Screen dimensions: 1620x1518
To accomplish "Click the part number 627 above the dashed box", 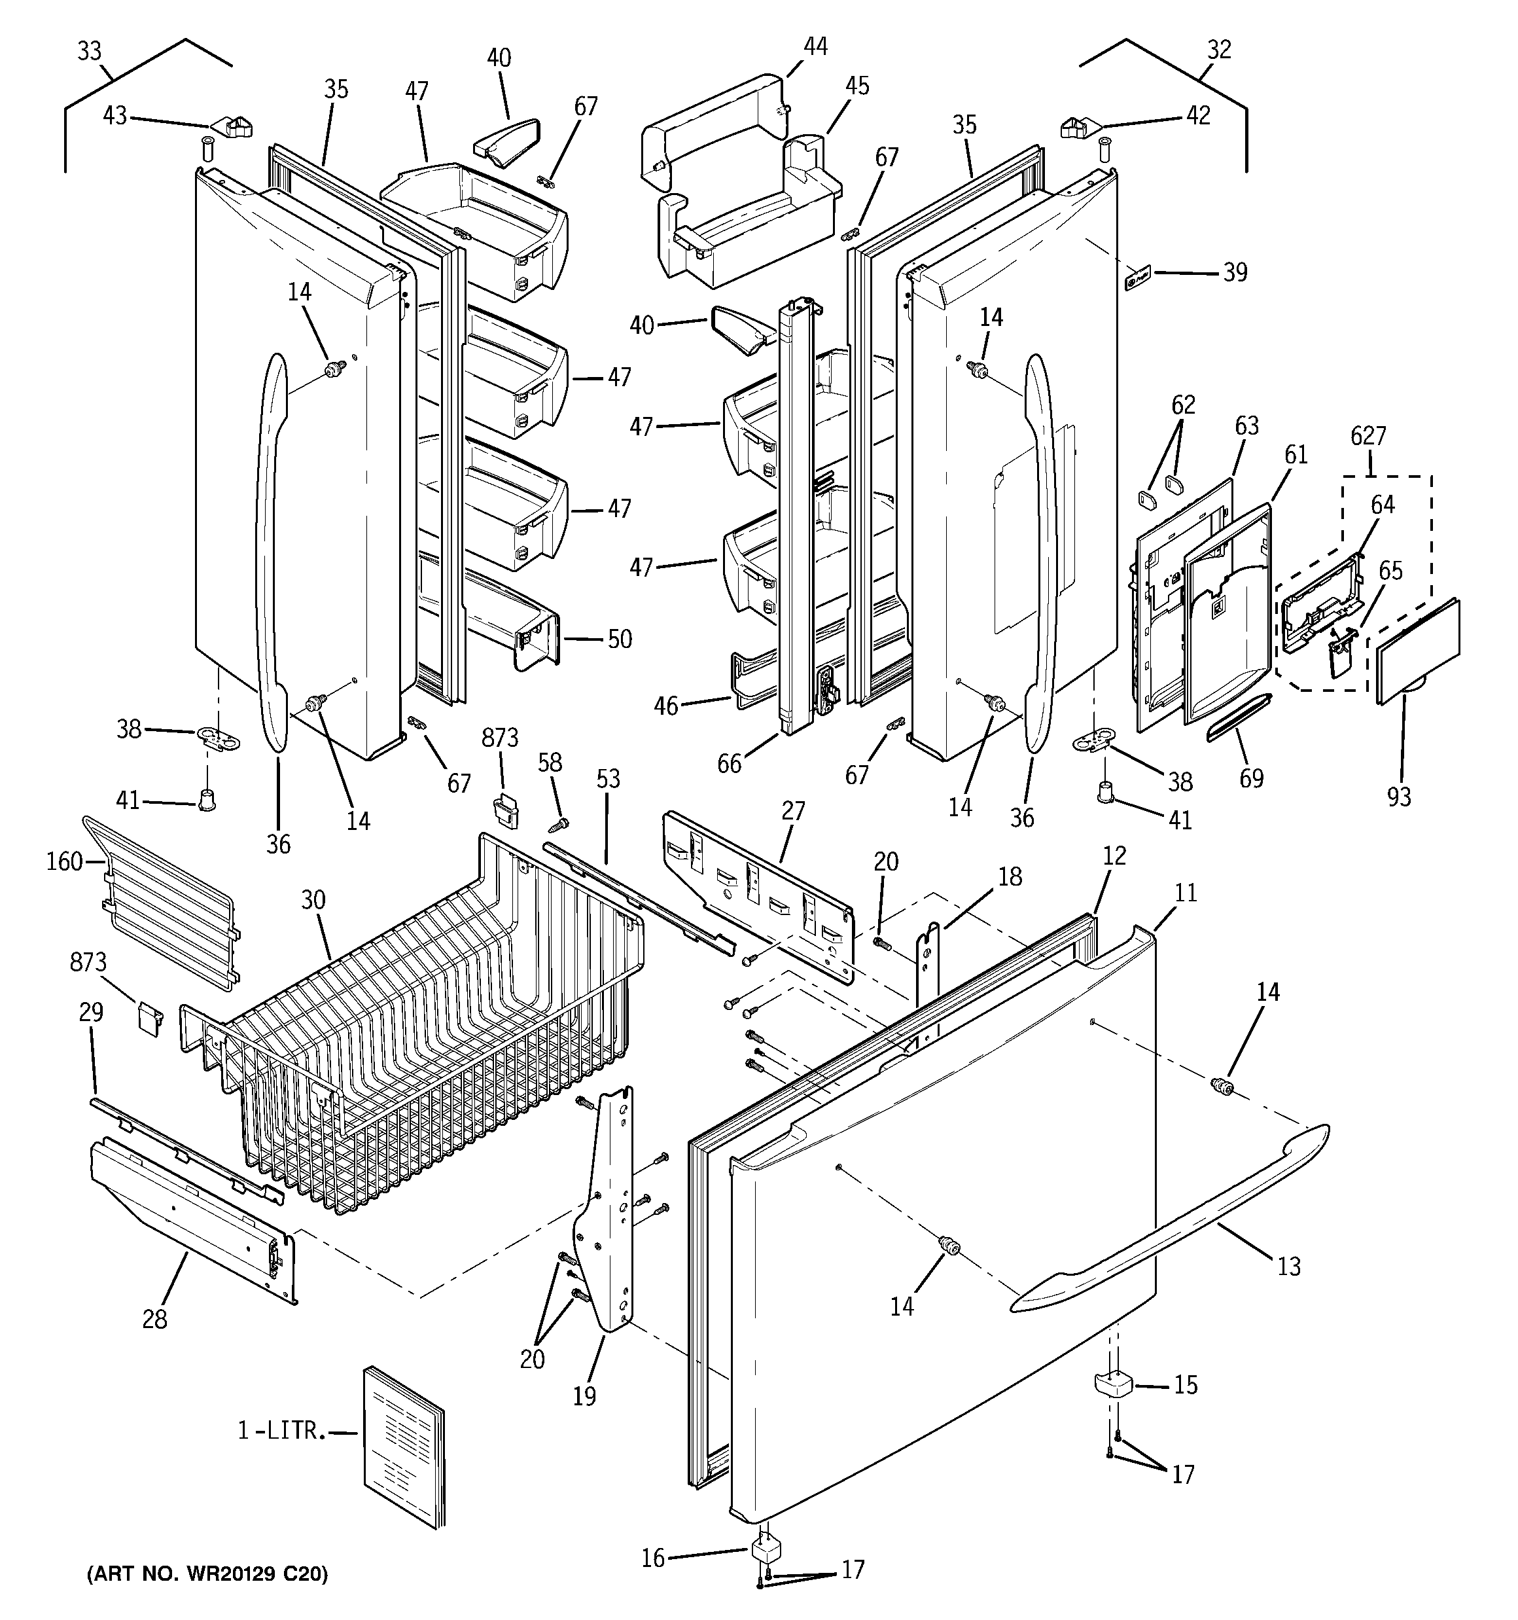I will point(1368,437).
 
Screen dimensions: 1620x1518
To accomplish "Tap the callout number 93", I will point(1398,796).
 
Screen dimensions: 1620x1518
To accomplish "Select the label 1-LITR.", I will point(281,1431).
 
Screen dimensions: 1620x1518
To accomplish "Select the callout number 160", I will point(64,861).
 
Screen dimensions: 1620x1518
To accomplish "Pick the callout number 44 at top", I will point(815,47).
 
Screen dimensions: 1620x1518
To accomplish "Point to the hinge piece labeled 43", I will point(232,127).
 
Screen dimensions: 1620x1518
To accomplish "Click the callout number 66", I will point(730,764).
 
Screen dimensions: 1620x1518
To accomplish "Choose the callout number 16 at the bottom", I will point(652,1558).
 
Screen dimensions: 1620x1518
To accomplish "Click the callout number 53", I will point(608,779).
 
